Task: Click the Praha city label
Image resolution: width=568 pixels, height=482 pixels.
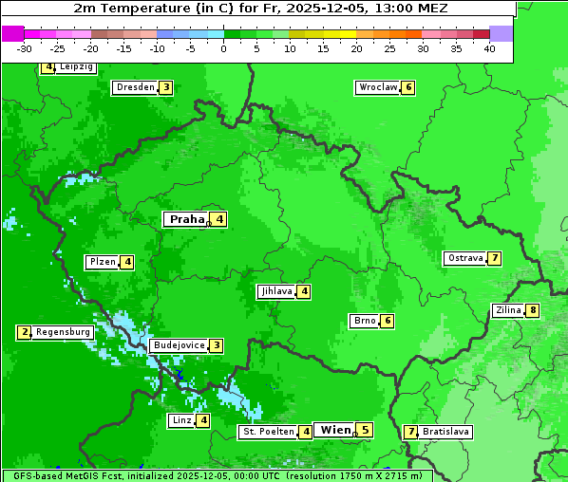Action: click(x=187, y=219)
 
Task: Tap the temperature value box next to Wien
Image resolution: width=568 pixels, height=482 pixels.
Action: click(x=365, y=430)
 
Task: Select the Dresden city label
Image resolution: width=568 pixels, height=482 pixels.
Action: click(x=135, y=87)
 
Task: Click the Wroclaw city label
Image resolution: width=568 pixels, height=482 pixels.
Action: click(x=377, y=87)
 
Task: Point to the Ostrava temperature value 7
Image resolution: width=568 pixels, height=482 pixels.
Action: click(x=495, y=258)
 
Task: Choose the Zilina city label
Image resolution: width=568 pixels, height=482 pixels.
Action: click(x=508, y=310)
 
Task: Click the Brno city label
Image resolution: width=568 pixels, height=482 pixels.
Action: click(x=364, y=321)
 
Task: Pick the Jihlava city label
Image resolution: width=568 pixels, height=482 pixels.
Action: click(x=275, y=291)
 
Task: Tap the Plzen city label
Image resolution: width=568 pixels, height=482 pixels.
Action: click(x=102, y=262)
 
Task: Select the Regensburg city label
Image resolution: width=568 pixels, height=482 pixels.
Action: click(x=64, y=332)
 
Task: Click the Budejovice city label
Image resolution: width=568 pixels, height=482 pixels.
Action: click(x=179, y=345)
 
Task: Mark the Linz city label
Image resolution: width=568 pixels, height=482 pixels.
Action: click(x=181, y=420)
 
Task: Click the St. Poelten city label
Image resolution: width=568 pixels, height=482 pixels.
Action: click(x=269, y=432)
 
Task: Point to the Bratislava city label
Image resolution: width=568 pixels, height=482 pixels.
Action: click(x=446, y=432)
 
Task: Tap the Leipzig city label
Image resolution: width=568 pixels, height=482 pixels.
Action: click(x=76, y=67)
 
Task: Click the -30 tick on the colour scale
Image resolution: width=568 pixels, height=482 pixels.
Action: click(x=25, y=48)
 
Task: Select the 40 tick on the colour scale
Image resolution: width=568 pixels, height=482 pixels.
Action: click(x=489, y=48)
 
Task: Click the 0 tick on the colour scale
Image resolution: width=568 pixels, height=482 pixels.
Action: click(x=223, y=48)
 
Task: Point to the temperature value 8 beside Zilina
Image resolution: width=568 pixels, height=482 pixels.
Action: click(x=533, y=310)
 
